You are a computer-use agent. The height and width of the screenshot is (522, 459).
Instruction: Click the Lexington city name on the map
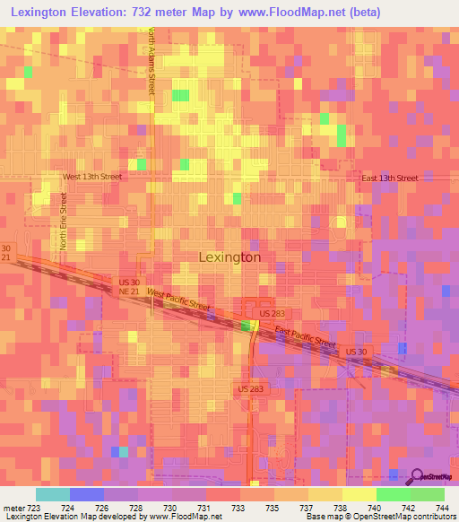pyautogui.click(x=229, y=257)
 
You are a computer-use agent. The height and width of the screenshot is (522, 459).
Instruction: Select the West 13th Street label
pyautogui.click(x=91, y=177)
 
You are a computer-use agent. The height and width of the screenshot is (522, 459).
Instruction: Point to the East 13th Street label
pyautogui.click(x=389, y=178)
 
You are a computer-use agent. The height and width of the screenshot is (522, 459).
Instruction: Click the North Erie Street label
pyautogui.click(x=64, y=221)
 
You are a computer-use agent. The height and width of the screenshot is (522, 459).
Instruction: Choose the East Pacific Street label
pyautogui.click(x=305, y=338)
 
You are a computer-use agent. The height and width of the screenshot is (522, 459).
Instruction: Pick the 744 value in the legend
pyautogui.click(x=441, y=507)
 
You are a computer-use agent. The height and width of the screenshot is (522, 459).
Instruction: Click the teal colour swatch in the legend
pyautogui.click(x=52, y=494)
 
